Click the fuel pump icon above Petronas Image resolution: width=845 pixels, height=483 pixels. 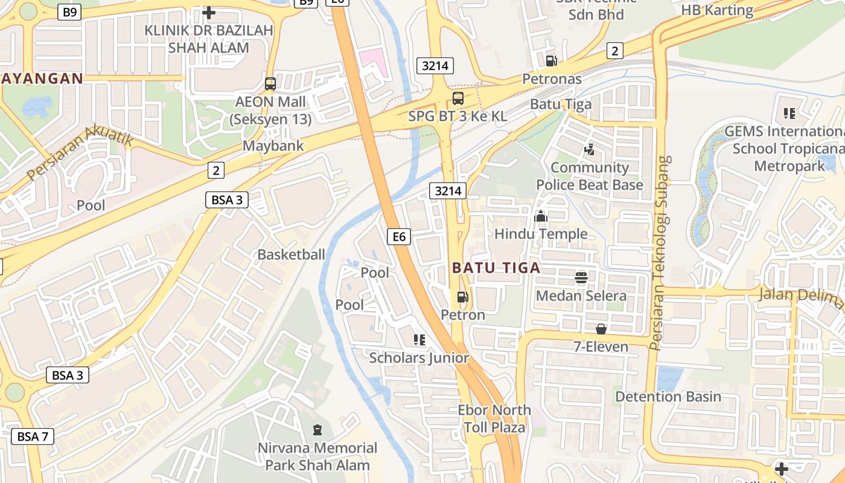[x=551, y=60]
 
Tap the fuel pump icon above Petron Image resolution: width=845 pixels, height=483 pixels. [x=462, y=296]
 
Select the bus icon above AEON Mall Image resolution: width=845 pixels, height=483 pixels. [x=270, y=84]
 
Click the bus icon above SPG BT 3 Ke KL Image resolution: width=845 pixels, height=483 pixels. [x=458, y=98]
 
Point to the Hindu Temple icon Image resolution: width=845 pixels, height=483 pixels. [x=541, y=216]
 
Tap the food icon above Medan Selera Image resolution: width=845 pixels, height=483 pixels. [x=581, y=278]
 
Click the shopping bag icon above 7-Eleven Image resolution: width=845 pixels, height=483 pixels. [x=601, y=329]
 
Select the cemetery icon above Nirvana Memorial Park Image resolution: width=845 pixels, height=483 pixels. [x=317, y=430]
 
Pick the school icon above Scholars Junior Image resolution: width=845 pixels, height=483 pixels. [x=419, y=340]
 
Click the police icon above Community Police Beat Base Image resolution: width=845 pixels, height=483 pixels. [x=590, y=149]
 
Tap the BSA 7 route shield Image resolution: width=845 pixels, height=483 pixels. [x=33, y=436]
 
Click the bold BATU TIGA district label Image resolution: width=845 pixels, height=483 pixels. [x=496, y=267]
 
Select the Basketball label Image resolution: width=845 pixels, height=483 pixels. [x=291, y=254]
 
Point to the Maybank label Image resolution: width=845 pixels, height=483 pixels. [x=273, y=146]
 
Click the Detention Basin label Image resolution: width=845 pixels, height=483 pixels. [x=668, y=397]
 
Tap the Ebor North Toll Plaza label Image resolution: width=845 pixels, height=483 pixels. [x=494, y=418]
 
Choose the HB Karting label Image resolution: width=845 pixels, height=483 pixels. [x=717, y=10]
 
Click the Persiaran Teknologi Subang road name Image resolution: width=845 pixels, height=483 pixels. [x=663, y=254]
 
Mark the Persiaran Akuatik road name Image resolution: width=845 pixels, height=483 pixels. [x=80, y=156]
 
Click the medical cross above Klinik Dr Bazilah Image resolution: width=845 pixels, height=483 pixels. [x=209, y=12]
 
